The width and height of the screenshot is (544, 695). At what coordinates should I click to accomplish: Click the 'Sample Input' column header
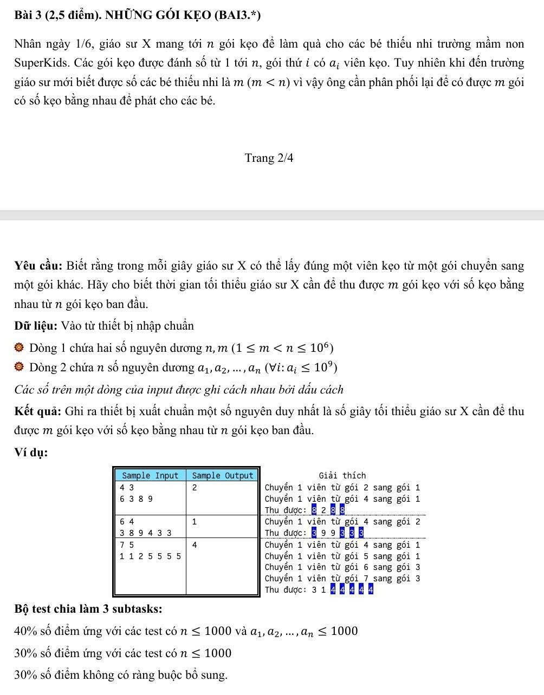pos(150,476)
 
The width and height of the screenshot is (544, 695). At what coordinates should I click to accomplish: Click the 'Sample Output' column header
pos(223,476)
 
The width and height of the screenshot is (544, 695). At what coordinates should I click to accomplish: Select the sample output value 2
pos(194,487)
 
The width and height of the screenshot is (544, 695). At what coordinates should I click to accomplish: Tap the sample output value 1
pos(194,522)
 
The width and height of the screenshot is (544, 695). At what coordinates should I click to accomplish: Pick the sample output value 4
pos(194,545)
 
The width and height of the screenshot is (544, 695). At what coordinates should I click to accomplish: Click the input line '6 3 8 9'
pos(136,499)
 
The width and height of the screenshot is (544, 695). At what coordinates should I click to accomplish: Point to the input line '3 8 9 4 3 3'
pos(146,533)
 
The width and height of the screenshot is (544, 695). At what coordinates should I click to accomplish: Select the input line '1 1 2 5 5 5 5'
pos(151,556)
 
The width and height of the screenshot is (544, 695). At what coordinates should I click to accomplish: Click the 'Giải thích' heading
pos(342,476)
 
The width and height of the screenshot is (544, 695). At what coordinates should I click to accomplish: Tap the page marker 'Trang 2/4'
pos(269,158)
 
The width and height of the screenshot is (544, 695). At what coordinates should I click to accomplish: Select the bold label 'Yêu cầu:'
pos(40,266)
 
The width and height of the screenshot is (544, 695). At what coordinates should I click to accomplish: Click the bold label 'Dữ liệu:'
pos(36,326)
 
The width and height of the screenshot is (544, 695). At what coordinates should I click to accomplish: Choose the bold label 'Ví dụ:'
pos(31,453)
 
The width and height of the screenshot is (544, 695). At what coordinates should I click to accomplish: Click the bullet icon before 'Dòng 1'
pos(20,347)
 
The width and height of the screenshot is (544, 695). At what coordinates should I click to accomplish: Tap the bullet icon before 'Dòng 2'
pos(20,368)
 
